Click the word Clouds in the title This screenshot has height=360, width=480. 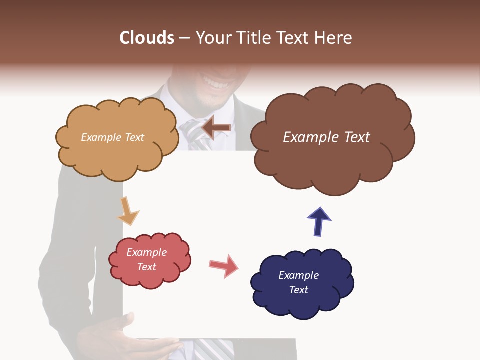point(146,38)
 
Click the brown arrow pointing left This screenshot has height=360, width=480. point(216,128)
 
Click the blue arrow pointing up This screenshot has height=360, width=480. point(318,221)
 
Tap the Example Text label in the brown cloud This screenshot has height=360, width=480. point(326,137)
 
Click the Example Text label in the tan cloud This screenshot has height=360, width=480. point(112,137)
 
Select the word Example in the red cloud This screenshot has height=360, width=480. point(146,252)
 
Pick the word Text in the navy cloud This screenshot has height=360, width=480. point(299,290)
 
